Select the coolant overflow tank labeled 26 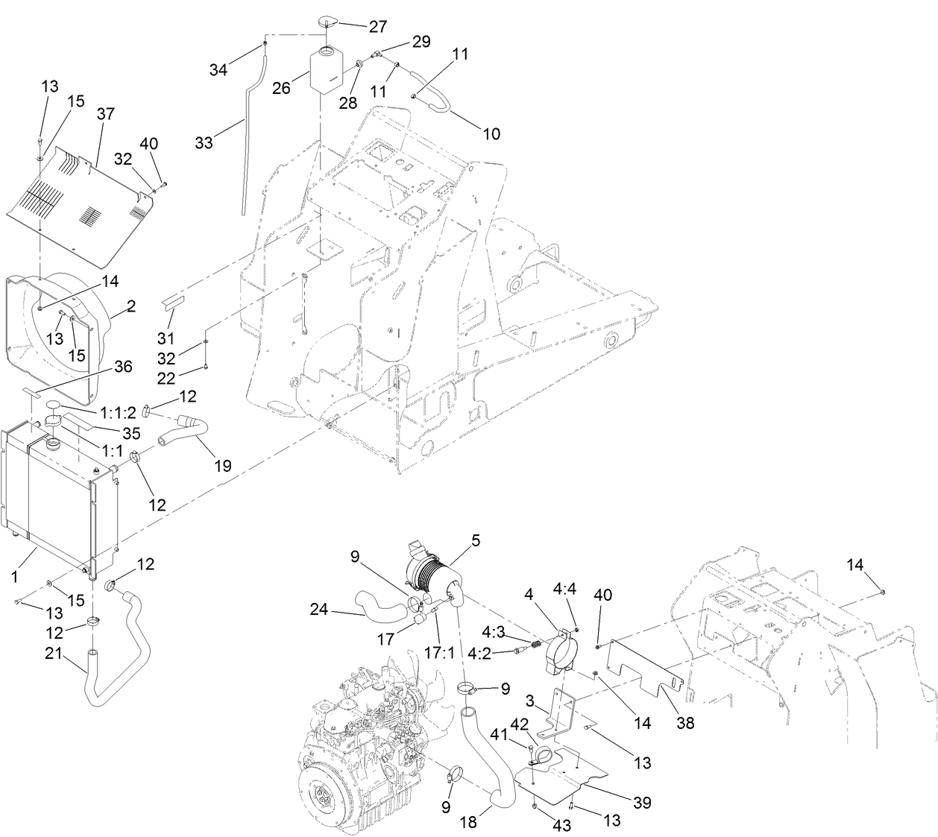click(x=324, y=70)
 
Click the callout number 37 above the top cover click(x=106, y=113)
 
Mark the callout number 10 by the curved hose click(x=491, y=133)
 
